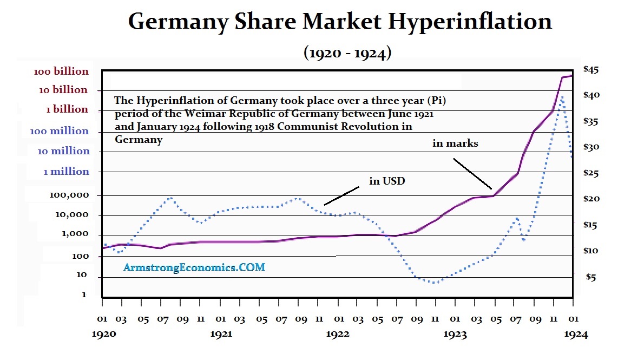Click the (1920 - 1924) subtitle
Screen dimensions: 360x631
click(347, 53)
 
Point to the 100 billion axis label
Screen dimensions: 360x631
click(61, 71)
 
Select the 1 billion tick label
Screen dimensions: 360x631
click(67, 109)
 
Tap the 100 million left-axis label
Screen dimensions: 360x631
click(60, 130)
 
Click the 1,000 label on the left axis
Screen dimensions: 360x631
click(76, 234)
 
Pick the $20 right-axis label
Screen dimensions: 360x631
click(590, 199)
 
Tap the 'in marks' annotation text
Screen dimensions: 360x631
click(455, 143)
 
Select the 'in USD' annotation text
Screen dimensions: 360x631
click(387, 181)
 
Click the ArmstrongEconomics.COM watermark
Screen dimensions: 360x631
click(194, 267)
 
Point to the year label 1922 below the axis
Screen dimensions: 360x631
click(338, 334)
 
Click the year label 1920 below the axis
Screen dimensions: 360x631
click(103, 334)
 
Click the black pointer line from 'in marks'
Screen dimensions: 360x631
click(472, 174)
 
